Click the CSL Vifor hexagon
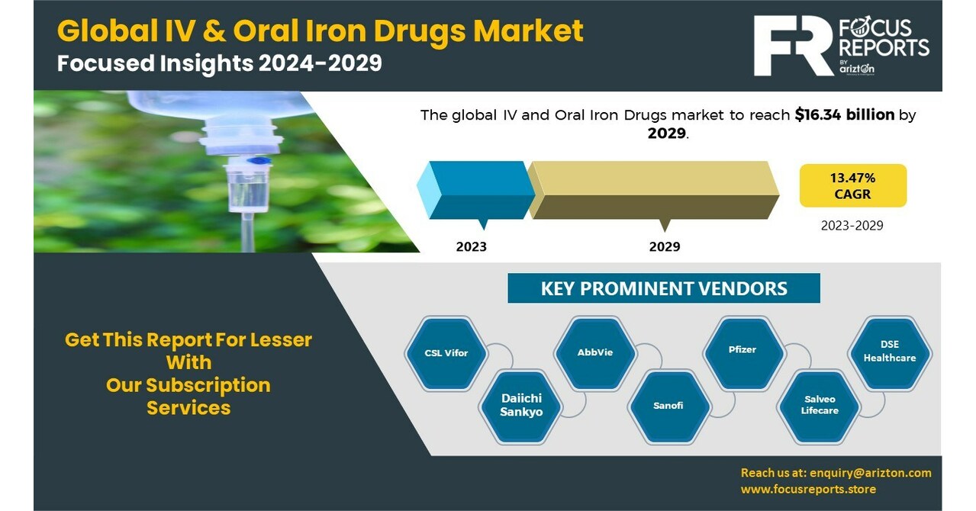pyautogui.click(x=446, y=353)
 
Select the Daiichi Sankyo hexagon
pyautogui.click(x=522, y=405)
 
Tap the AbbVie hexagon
pyautogui.click(x=595, y=352)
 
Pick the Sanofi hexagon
pyautogui.click(x=668, y=405)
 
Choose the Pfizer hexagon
pyautogui.click(x=742, y=350)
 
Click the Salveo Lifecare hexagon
pyautogui.click(x=820, y=405)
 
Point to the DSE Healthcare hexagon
pyautogui.click(x=890, y=352)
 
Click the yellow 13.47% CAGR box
pyautogui.click(x=852, y=185)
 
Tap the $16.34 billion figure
pyautogui.click(x=844, y=115)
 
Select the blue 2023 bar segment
pyautogui.click(x=477, y=190)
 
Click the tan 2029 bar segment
pyautogui.click(x=654, y=190)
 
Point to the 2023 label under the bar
pyautogui.click(x=471, y=247)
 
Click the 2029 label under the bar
pyautogui.click(x=665, y=247)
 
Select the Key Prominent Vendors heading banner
pyautogui.click(x=663, y=288)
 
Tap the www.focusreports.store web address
pyautogui.click(x=808, y=490)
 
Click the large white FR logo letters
pyautogui.click(x=792, y=46)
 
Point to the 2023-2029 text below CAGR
pyautogui.click(x=852, y=226)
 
